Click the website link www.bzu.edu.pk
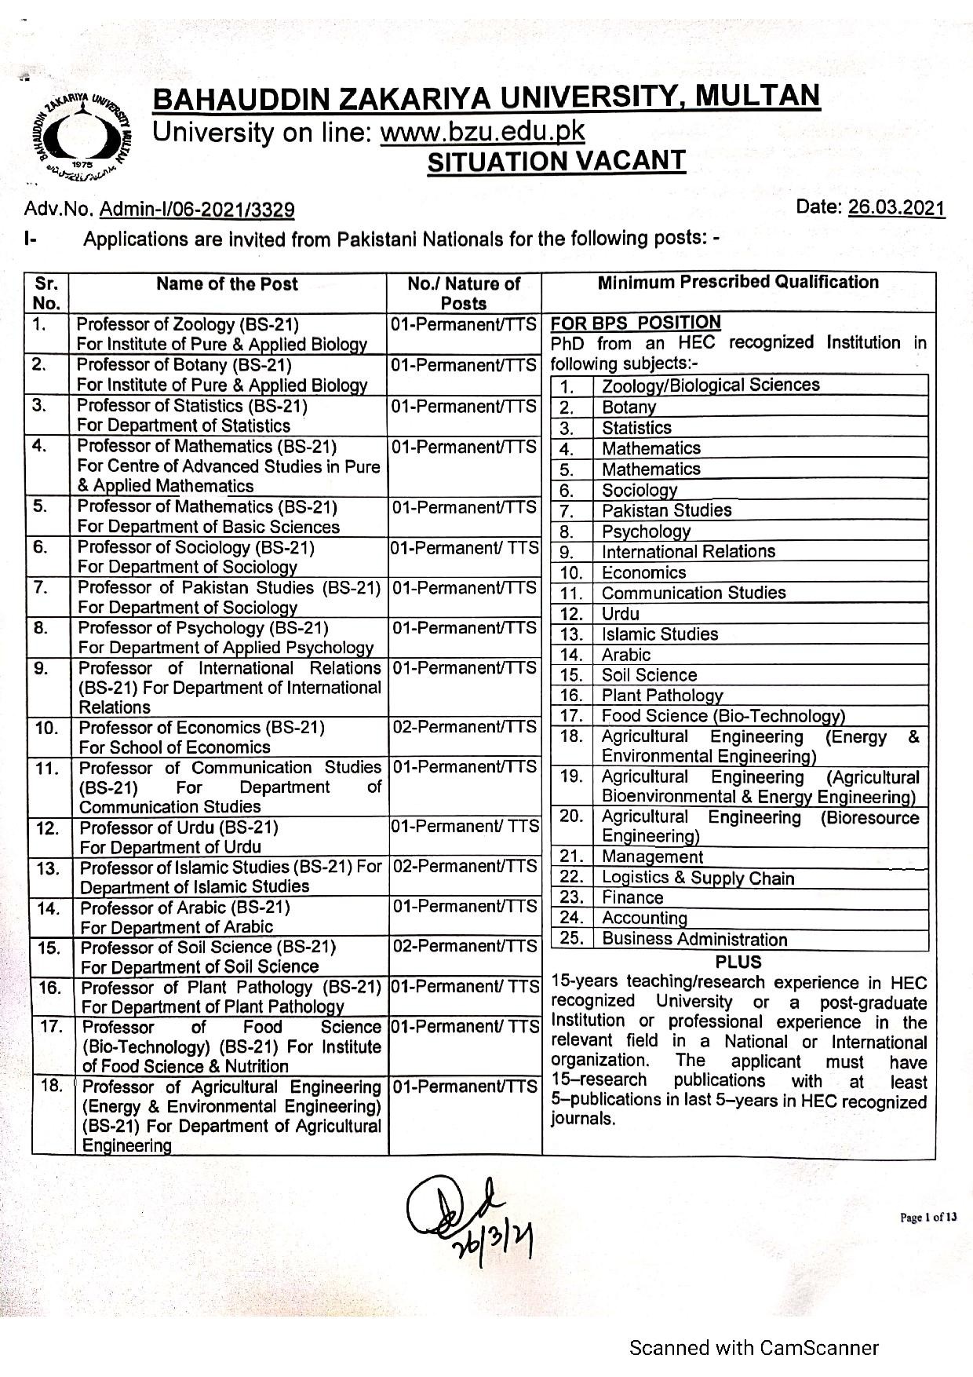482,131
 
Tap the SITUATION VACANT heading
556,161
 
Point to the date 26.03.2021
901,208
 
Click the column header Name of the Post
227,283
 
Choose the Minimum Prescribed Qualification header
738,282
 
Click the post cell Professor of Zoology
222,334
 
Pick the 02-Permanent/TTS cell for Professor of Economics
465,728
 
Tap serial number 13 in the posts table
49,868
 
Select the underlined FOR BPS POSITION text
636,323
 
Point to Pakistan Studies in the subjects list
666,510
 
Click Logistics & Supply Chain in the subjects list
698,878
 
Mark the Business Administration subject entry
694,939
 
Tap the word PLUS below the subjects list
738,961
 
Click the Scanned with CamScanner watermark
754,1348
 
